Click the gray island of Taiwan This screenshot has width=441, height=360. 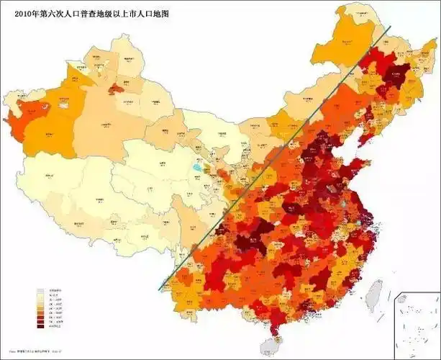point(374,295)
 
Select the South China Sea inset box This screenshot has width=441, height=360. point(418,325)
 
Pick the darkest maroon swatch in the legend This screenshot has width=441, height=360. point(40,327)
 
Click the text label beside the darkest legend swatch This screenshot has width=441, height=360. point(55,327)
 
